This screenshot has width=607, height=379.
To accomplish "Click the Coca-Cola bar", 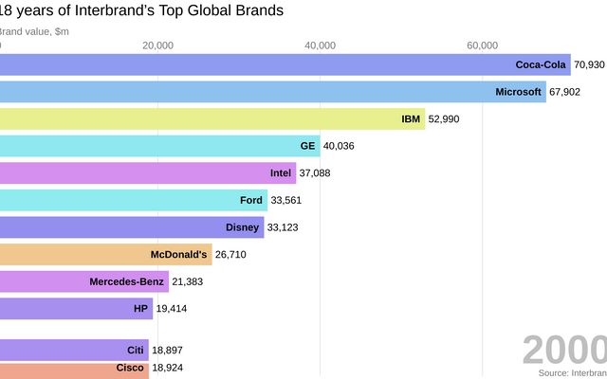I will pos(285,64).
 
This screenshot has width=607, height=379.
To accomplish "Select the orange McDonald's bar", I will pos(105,254).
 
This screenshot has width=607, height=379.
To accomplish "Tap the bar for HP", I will pos(76,309).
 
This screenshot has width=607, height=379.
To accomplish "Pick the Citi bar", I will pos(74,350).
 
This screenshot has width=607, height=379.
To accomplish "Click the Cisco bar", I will pos(74,369).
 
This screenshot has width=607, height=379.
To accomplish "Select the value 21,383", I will pos(189,281).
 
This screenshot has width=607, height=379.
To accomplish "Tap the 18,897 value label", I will pos(168,350).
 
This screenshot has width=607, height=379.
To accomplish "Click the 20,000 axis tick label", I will pos(157,45).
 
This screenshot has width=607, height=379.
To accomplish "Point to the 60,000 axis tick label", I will pos(483,45).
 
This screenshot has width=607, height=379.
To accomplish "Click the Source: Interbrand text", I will pos(573,373).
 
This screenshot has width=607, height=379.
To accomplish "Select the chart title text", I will pos(142,11).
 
